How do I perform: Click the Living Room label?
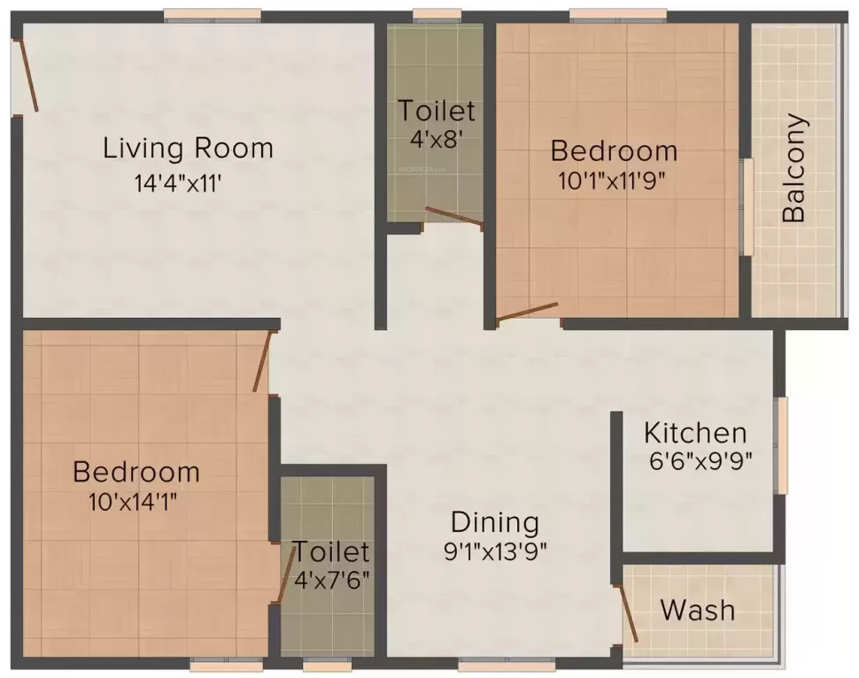188,148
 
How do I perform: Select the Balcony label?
794,168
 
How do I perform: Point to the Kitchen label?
695,434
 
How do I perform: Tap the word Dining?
494,521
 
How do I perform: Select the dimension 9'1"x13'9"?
496,551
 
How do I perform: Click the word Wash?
698,610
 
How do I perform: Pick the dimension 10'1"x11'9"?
612,181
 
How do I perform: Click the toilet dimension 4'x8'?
436,139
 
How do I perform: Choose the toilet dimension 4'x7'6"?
331,581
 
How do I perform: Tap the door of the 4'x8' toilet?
453,217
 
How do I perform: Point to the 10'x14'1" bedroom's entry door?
262,361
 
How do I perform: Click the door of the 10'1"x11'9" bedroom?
528,311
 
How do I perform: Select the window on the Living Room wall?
213,15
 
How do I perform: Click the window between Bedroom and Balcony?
747,206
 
